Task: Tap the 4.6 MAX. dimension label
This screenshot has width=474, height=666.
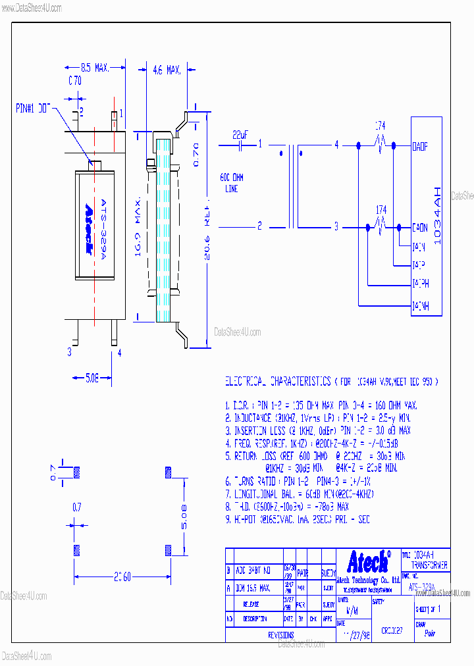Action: tap(166, 69)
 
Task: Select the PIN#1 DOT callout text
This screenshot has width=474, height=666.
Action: tap(33, 107)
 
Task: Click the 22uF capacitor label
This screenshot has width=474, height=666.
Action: tap(240, 134)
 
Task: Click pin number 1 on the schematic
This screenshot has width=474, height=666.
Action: tap(260, 144)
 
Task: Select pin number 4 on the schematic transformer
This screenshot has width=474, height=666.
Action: tap(336, 144)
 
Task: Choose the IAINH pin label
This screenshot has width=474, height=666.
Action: tap(420, 306)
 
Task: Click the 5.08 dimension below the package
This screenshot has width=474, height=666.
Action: tap(92, 378)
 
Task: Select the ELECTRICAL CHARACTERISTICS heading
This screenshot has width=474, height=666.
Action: tap(278, 382)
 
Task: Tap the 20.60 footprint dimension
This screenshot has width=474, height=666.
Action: tap(122, 577)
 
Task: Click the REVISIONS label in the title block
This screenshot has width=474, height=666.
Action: tap(280, 635)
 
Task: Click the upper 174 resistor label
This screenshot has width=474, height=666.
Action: tap(380, 124)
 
